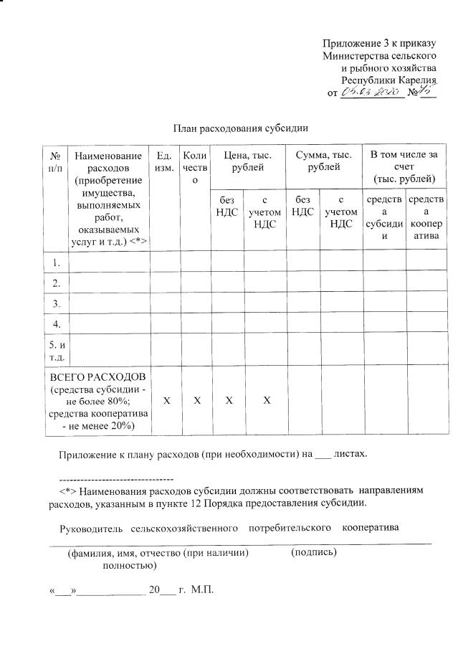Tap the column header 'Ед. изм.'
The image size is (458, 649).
click(x=164, y=161)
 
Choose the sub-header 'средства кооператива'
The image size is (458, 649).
click(x=426, y=218)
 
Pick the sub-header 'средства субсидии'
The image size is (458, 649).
click(x=384, y=218)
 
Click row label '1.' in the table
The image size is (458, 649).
click(x=56, y=262)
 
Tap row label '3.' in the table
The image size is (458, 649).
click(x=56, y=304)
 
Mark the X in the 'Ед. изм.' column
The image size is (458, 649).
click(x=166, y=399)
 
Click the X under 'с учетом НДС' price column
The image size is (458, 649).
click(x=265, y=399)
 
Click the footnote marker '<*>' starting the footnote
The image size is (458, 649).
click(x=67, y=491)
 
